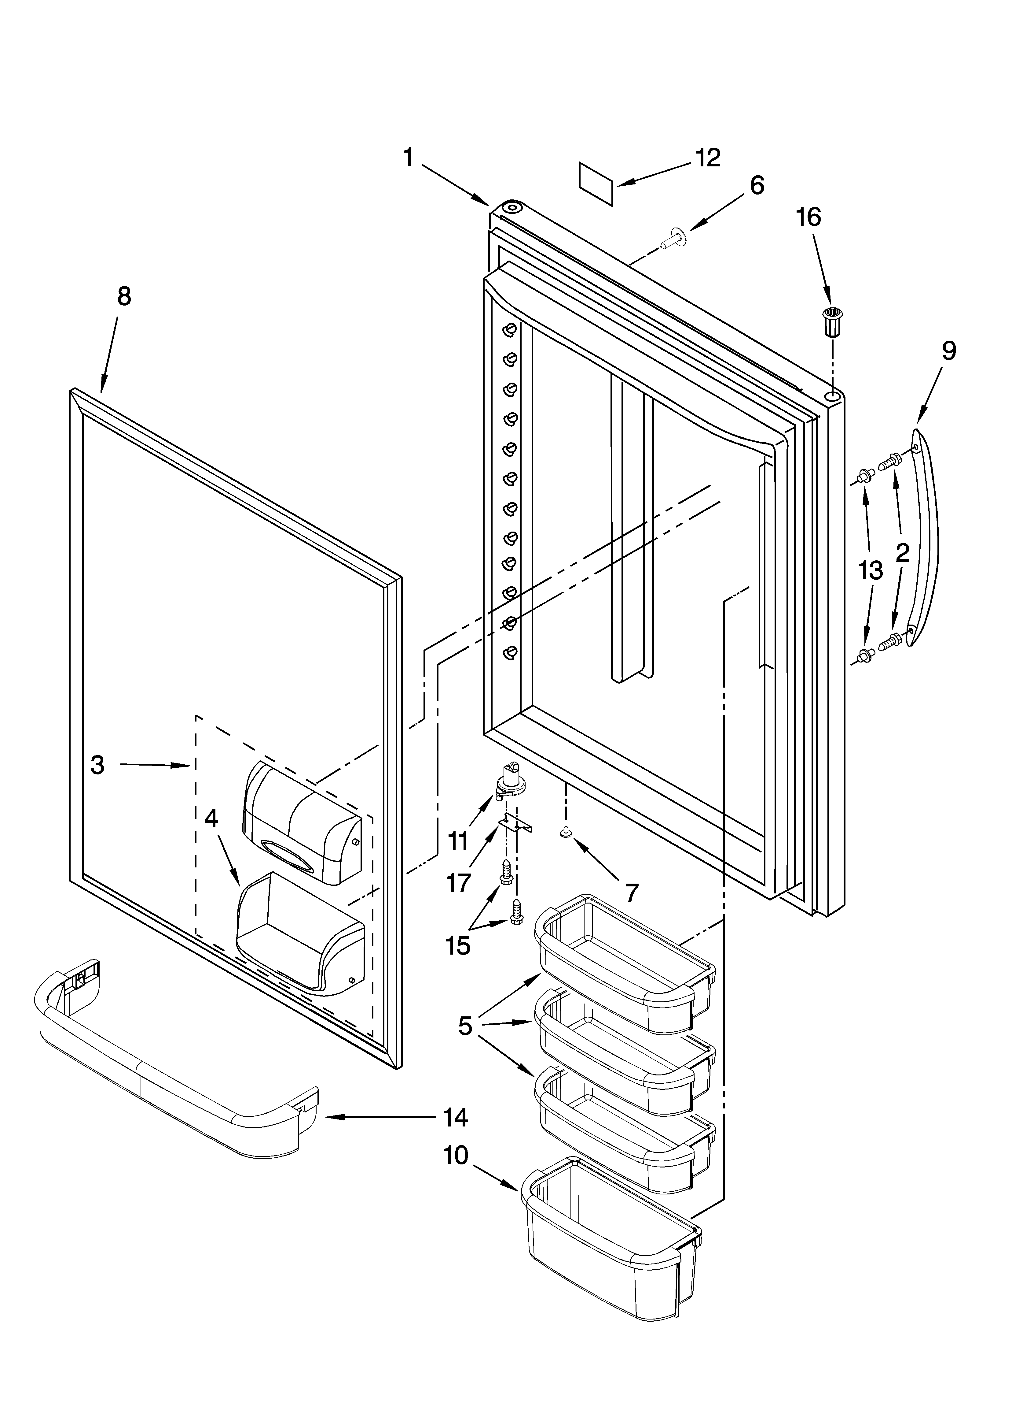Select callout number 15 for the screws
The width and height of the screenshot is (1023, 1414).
458,946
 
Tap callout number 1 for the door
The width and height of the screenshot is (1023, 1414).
408,157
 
